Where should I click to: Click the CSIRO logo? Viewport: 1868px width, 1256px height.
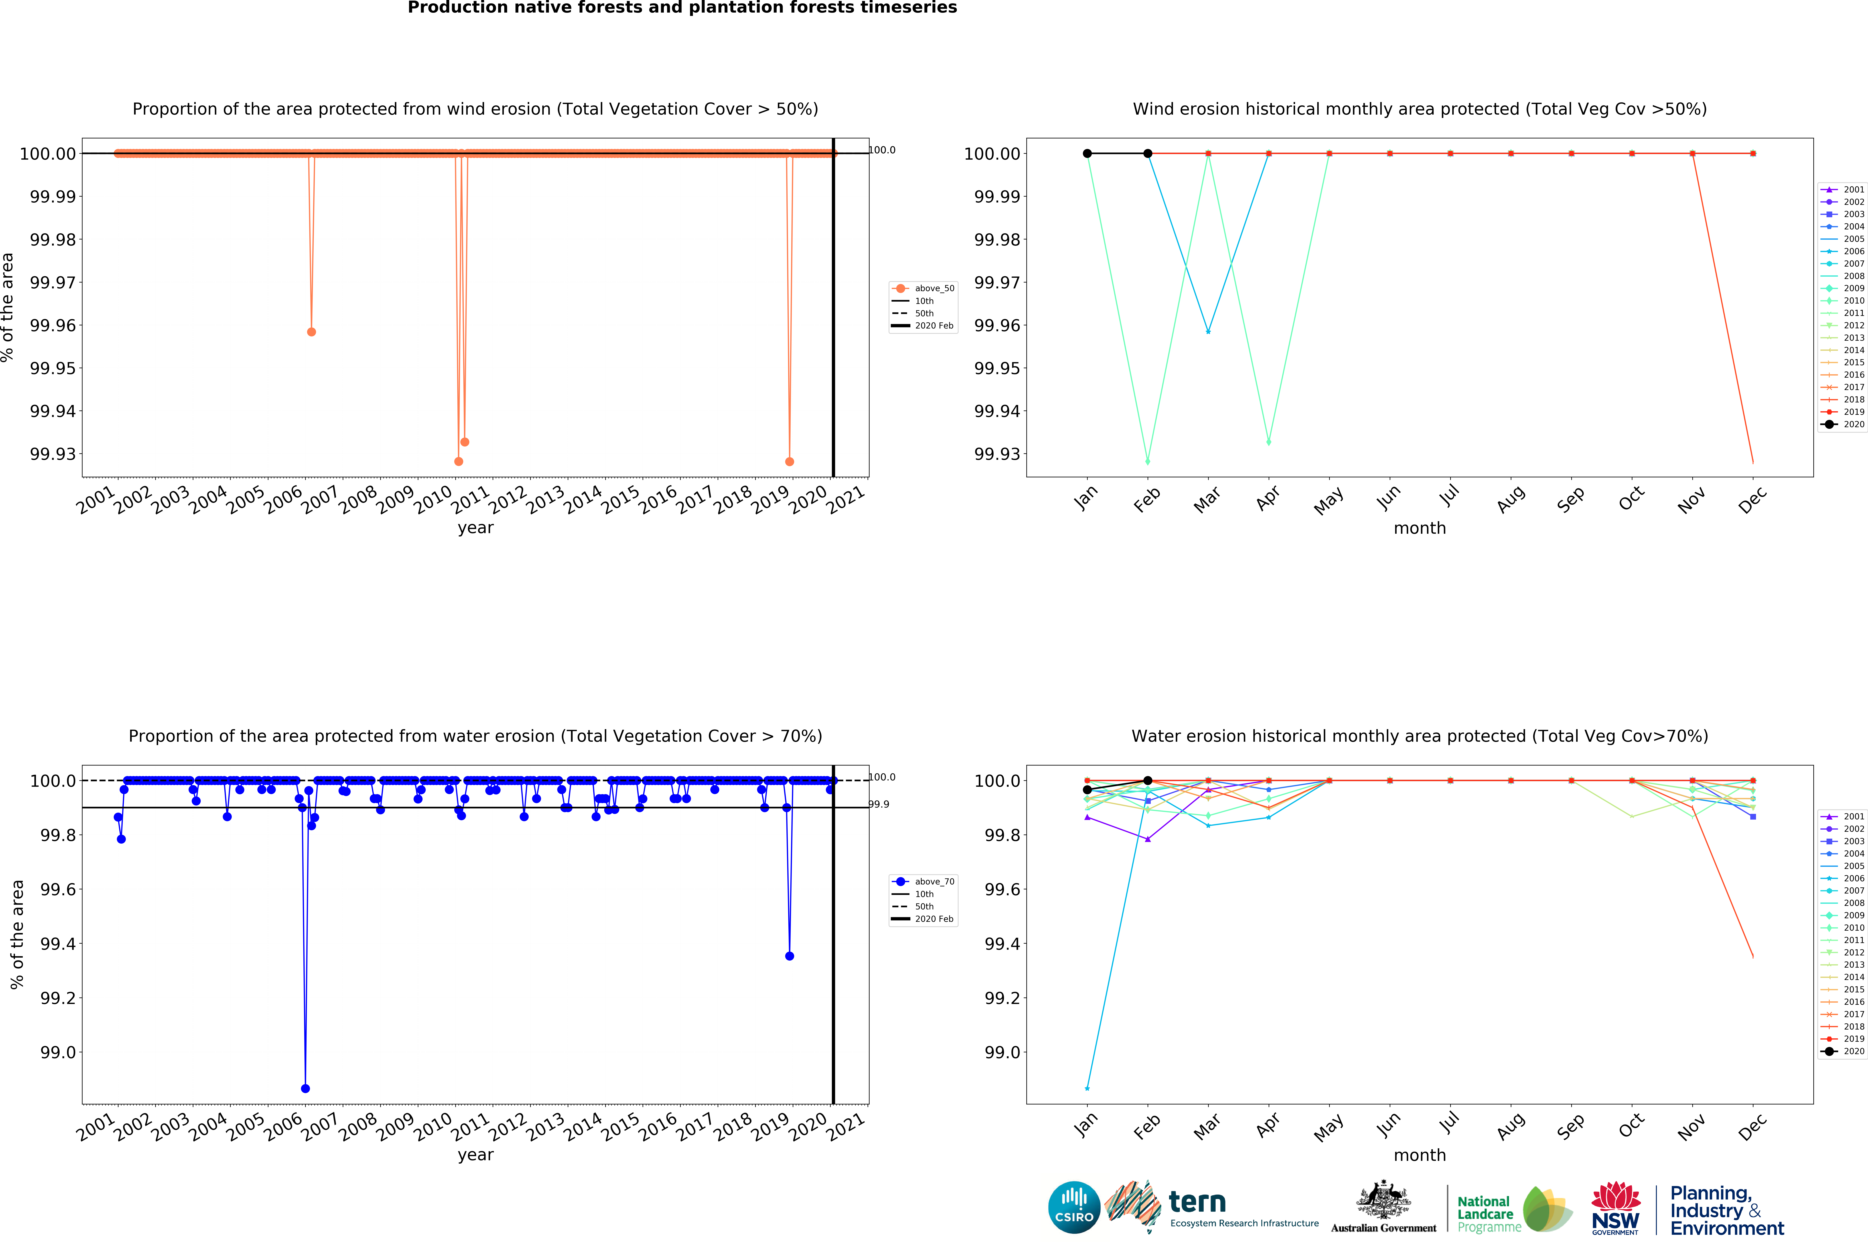pyautogui.click(x=1074, y=1207)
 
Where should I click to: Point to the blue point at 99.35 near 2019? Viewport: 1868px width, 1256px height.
pyautogui.click(x=790, y=956)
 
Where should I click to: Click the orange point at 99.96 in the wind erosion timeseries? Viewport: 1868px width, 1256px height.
pyautogui.click(x=311, y=332)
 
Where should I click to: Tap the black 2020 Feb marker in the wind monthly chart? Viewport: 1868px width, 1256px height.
pyautogui.click(x=1147, y=153)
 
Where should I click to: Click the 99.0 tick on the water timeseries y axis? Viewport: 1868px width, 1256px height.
pyautogui.click(x=58, y=1052)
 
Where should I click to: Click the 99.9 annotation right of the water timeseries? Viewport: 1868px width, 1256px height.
pyautogui.click(x=879, y=804)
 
